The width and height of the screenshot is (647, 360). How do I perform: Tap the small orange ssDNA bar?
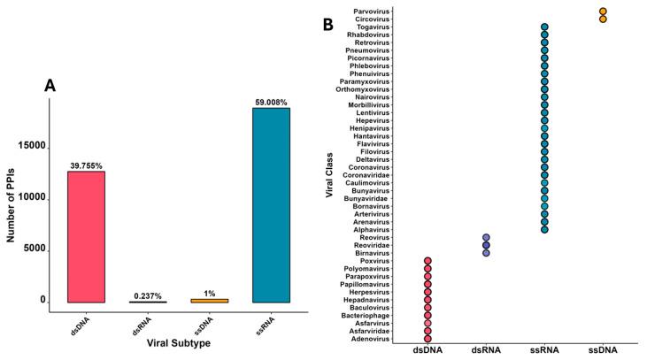coord(209,300)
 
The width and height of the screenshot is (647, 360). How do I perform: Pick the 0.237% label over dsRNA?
coord(147,295)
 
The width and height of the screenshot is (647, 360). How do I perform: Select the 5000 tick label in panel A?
coord(35,250)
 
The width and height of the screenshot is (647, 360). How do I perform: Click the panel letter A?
coord(51,86)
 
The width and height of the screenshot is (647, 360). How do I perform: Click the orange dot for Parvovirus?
coord(603,11)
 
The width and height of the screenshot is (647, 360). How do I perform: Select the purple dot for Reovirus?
coord(486,237)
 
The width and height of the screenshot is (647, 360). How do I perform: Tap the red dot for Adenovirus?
coord(428,338)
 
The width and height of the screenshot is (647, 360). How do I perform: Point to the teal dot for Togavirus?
coord(544,27)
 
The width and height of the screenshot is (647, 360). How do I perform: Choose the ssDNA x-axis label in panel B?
coord(603,351)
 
